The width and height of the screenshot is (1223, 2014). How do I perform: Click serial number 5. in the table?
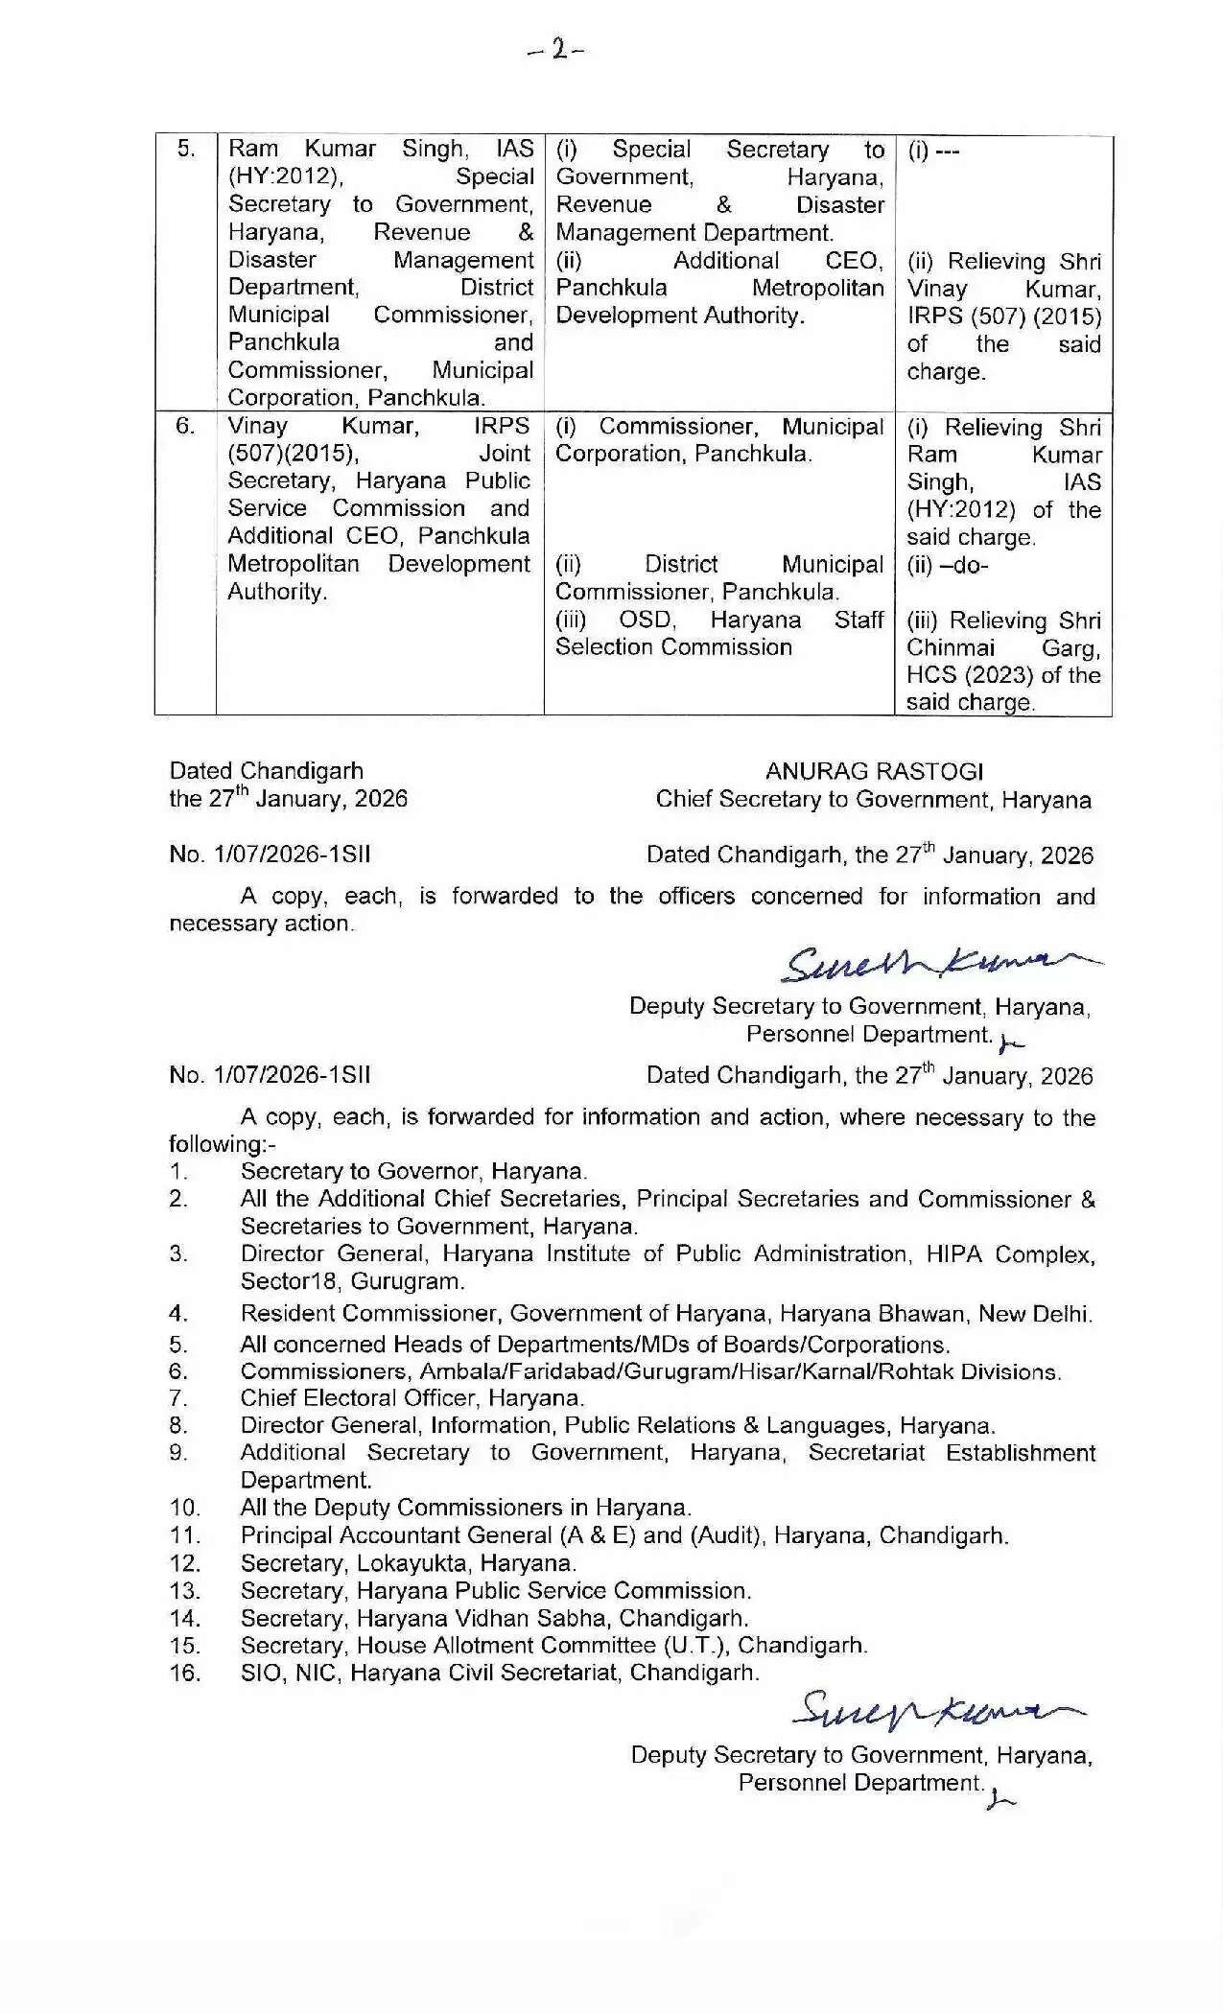186,149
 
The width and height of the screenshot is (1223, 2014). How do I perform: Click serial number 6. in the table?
185,425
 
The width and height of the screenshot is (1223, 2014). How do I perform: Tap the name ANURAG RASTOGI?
874,771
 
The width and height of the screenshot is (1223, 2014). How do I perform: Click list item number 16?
184,1674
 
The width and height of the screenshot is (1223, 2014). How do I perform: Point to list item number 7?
178,1398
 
